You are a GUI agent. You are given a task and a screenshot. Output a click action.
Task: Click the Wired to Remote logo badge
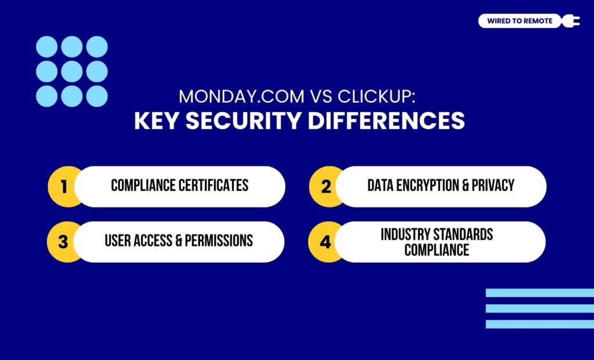pos(520,21)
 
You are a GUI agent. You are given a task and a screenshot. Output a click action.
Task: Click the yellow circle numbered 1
pos(64,187)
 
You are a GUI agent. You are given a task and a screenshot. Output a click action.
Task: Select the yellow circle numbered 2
pos(325,187)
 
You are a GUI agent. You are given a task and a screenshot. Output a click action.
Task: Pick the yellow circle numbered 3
pos(64,241)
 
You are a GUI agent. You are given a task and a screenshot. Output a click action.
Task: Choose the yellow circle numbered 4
pos(325,241)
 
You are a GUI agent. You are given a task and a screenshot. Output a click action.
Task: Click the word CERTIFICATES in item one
pos(213,186)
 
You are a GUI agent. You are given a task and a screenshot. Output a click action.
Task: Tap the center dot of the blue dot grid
pos(72,71)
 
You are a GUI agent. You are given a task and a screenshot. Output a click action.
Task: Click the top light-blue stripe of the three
pos(539,293)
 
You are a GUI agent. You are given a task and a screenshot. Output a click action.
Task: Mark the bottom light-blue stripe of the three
pos(539,324)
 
